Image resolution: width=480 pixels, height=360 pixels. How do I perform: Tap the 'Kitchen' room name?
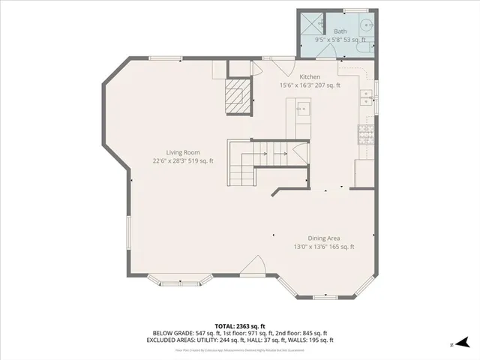click(x=310, y=77)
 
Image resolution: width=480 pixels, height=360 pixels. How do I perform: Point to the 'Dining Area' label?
click(x=323, y=238)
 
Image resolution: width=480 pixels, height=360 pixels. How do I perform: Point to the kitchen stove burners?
click(x=366, y=136)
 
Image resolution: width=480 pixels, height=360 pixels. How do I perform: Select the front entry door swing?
click(x=253, y=266)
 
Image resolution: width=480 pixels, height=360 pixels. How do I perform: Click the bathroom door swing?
click(x=328, y=49)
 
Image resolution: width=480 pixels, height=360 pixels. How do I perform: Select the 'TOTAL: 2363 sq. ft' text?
click(x=240, y=325)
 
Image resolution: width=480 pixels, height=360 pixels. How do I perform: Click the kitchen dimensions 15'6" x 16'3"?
click(x=310, y=85)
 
